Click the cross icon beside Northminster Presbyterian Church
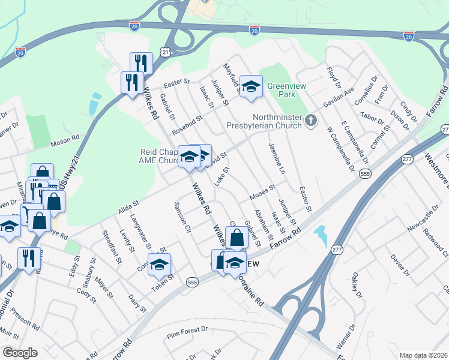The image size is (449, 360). coord(310,121)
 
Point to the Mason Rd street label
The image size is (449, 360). coord(65,139)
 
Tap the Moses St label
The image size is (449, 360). coord(262,192)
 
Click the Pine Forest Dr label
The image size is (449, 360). coord(187,330)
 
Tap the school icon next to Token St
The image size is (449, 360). coord(160,265)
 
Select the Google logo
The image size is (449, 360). coord(20,353)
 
